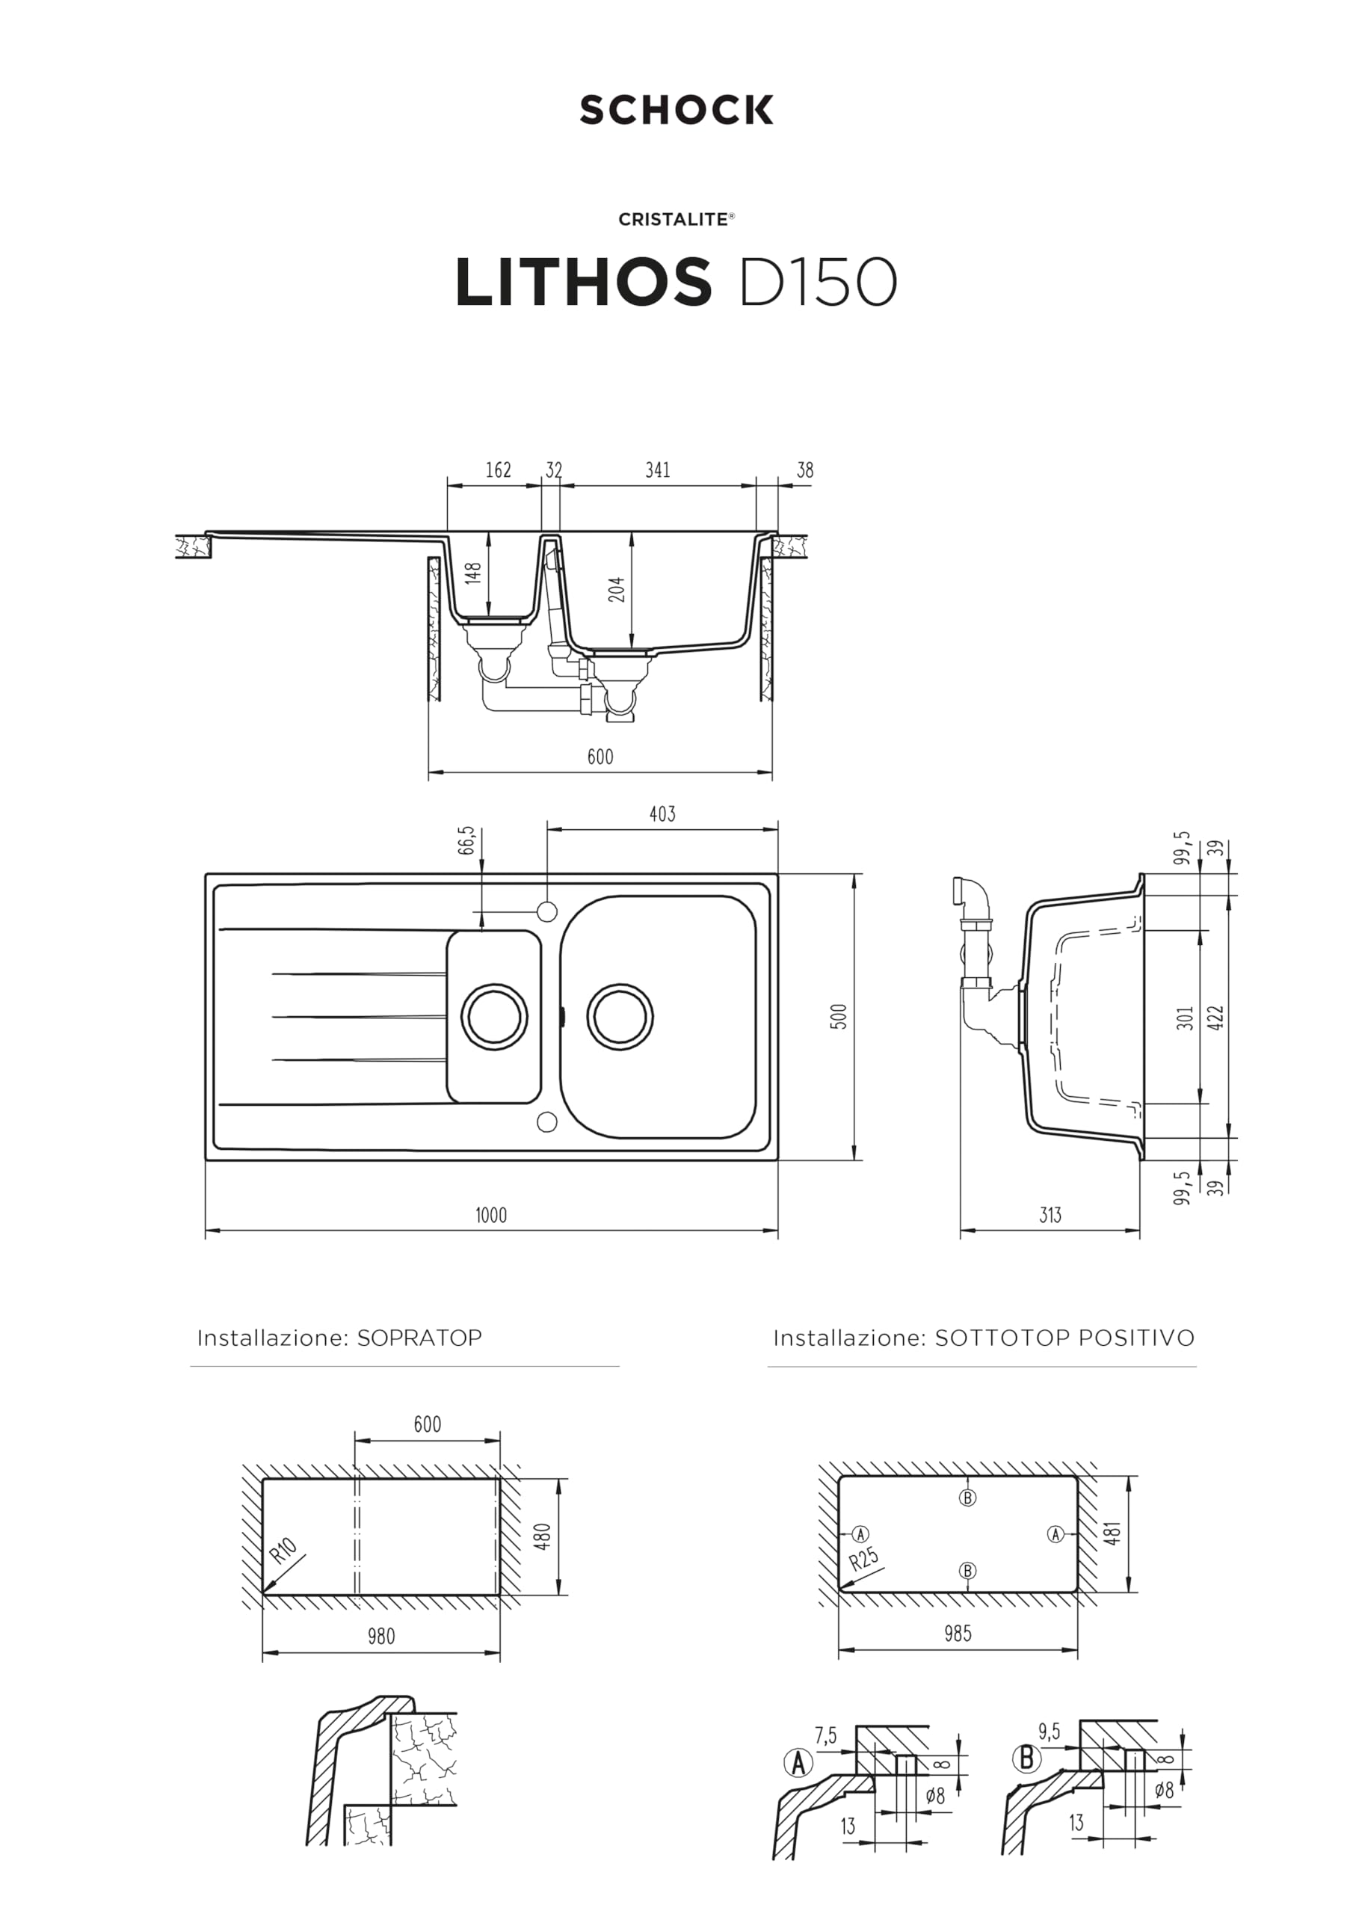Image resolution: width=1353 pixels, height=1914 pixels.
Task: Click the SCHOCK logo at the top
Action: coord(676,110)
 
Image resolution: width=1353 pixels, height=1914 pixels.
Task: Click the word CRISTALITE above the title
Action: coord(673,219)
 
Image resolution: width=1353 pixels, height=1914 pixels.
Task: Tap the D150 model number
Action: coord(817,282)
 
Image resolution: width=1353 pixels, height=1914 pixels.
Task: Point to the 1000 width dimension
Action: coord(491,1215)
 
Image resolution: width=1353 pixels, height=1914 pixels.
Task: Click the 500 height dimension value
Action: coord(839,1016)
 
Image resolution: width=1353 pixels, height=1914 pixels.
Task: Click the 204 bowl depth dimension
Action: coord(616,589)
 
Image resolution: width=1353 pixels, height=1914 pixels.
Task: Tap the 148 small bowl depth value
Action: coord(472,573)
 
